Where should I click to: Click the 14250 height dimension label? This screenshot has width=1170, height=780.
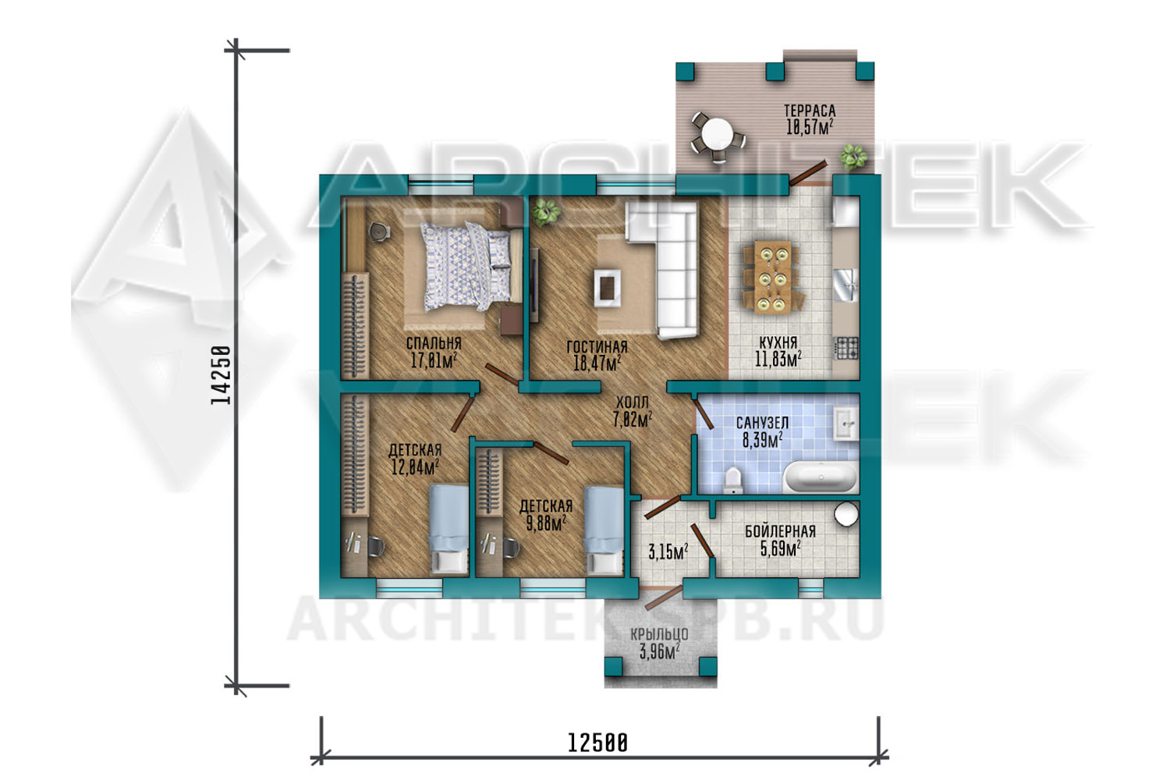click(x=221, y=374)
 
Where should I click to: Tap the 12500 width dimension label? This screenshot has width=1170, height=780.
click(x=597, y=743)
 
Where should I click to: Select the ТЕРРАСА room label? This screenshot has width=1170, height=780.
click(x=810, y=111)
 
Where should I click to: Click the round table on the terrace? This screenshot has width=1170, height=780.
click(x=717, y=133)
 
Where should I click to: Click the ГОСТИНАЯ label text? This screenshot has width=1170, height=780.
click(x=597, y=346)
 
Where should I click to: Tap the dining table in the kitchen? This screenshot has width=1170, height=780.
click(x=772, y=277)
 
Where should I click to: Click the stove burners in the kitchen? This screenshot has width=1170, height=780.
click(x=846, y=348)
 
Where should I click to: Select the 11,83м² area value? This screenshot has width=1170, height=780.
click(x=778, y=359)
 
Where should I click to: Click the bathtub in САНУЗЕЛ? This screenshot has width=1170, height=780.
click(x=821, y=477)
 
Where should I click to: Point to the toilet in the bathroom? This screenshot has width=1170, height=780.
click(x=734, y=480)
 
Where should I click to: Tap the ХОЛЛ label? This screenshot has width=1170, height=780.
click(x=632, y=402)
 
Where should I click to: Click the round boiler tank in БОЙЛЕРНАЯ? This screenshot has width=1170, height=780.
click(x=846, y=513)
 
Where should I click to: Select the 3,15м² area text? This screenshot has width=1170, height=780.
click(x=668, y=551)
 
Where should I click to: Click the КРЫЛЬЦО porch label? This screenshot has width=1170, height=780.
click(x=659, y=634)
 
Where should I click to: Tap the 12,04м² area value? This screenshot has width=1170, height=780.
click(x=415, y=466)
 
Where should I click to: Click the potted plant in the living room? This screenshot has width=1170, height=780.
click(x=546, y=212)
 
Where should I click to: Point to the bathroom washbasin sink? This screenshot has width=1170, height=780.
click(x=846, y=424)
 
